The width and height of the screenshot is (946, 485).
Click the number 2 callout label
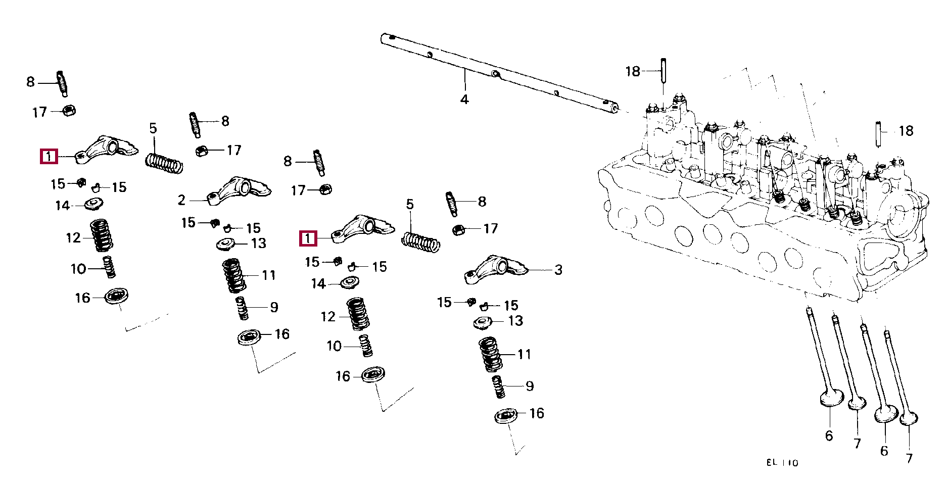(x=181, y=200)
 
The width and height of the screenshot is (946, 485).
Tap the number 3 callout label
(x=558, y=270)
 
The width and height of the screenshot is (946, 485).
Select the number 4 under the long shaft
(x=464, y=100)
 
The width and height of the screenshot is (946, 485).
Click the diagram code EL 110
(x=782, y=463)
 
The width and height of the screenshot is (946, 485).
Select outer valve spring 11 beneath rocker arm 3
(x=490, y=354)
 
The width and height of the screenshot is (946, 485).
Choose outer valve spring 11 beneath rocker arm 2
(x=234, y=275)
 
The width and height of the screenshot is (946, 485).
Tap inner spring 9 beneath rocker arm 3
(x=499, y=386)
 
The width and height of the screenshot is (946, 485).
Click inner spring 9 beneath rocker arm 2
(x=243, y=308)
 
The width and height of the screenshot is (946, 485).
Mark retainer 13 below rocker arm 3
(x=483, y=322)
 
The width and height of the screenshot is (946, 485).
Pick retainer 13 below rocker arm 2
(x=226, y=244)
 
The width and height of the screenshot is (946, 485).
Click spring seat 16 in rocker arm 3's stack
(x=505, y=416)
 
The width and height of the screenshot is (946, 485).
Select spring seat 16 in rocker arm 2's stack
(x=249, y=336)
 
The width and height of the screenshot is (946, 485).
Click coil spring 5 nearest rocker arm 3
(x=420, y=241)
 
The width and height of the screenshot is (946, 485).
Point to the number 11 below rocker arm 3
(x=525, y=354)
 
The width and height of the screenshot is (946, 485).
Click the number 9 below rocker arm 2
(x=274, y=307)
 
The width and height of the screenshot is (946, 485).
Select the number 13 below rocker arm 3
(x=515, y=321)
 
